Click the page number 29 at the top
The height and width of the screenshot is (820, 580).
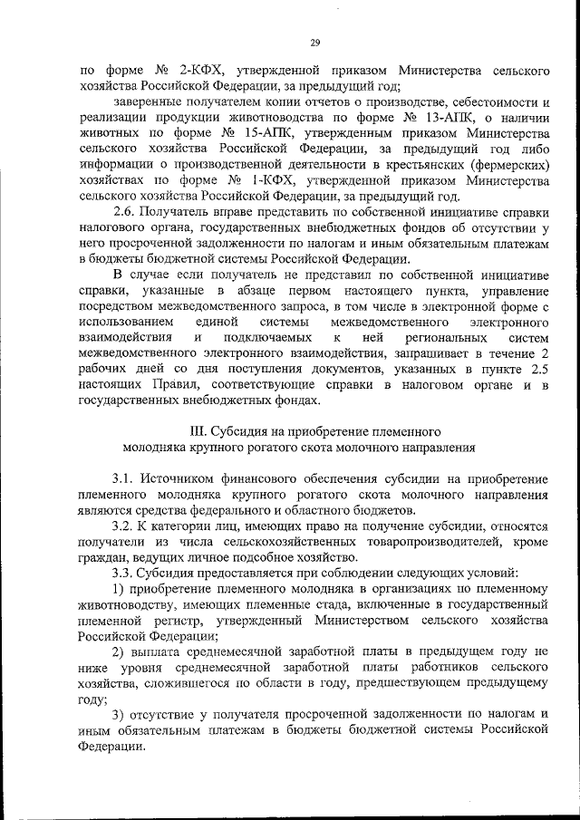pos(315,42)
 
